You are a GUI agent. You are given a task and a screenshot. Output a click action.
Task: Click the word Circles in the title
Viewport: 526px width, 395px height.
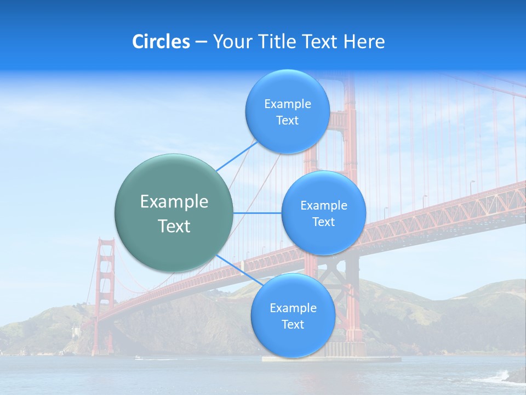[x=161, y=42]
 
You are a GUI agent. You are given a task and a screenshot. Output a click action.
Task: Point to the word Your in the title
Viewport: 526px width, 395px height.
[x=231, y=42]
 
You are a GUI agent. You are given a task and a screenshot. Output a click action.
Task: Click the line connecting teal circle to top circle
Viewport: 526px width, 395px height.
[x=236, y=156]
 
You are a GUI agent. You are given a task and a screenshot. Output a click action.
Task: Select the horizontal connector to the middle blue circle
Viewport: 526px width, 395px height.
[x=258, y=213]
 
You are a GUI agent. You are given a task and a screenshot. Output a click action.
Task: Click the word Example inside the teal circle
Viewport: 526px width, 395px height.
[x=174, y=202]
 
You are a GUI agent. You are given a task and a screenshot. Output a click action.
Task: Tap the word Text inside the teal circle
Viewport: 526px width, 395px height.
[x=174, y=226]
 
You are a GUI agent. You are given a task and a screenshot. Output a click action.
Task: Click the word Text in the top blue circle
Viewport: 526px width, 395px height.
[x=287, y=121]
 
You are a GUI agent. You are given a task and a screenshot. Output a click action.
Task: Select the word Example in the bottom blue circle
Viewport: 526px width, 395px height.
[x=293, y=308]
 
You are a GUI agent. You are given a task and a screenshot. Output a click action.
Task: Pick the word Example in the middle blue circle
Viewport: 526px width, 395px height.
[x=323, y=206]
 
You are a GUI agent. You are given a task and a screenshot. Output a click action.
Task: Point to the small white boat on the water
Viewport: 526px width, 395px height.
[x=137, y=358]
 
